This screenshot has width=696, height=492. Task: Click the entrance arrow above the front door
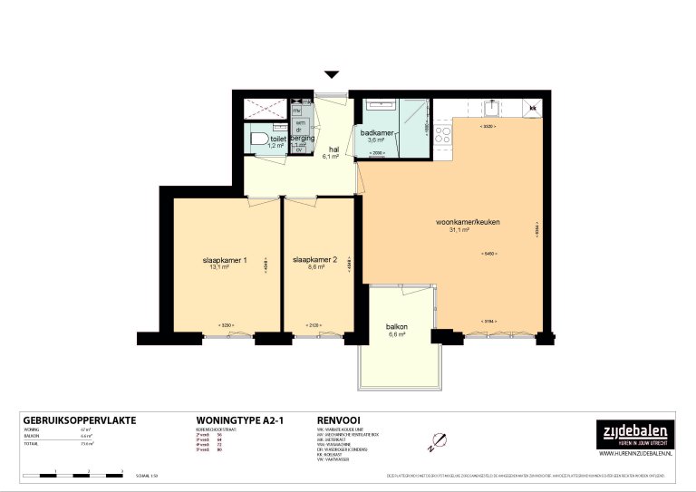(332, 75)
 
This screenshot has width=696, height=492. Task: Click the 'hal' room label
(333, 150)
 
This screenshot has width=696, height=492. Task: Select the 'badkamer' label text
(376, 133)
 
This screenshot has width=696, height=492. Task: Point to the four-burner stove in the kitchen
(444, 135)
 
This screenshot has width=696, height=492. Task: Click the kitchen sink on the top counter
(490, 108)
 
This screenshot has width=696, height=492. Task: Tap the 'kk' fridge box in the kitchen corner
(533, 109)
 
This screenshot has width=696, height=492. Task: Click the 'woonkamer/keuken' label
(468, 222)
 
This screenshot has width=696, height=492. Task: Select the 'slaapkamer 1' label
(225, 260)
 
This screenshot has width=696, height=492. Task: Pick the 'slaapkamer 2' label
(315, 260)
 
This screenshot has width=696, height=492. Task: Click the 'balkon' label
(396, 327)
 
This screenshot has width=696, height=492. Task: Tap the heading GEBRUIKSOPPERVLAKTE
(78, 420)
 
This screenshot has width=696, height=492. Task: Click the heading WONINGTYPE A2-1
(235, 420)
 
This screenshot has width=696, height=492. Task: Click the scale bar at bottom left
(72, 474)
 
